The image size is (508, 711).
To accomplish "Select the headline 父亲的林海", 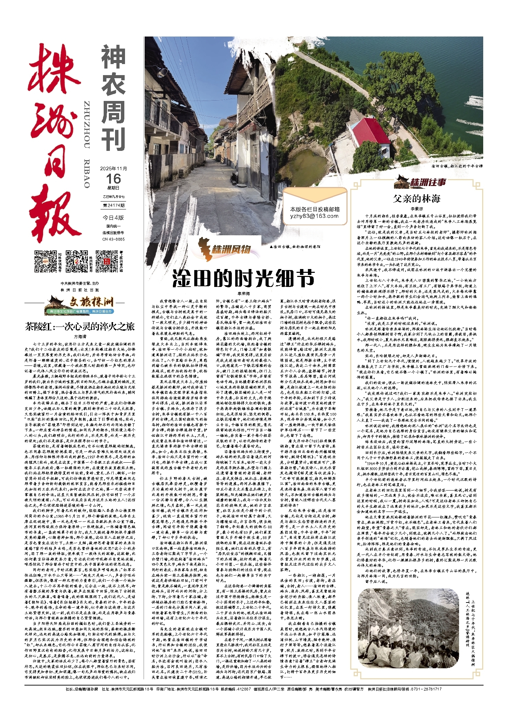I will (417, 198).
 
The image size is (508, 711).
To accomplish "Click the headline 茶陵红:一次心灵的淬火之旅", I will (80, 327).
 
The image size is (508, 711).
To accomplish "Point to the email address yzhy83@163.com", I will (314, 216).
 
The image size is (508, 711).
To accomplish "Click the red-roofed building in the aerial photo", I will (367, 132).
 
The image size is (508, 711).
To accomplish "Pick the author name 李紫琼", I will (416, 209).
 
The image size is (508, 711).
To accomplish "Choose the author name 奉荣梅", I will (243, 293).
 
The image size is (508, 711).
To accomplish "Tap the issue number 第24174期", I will (113, 205).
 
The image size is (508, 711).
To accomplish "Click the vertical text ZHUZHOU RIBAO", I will (87, 144).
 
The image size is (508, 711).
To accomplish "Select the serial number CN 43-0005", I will (113, 239).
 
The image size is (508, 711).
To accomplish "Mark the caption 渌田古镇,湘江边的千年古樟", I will (457, 166).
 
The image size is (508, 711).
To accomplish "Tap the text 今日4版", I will (113, 218).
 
